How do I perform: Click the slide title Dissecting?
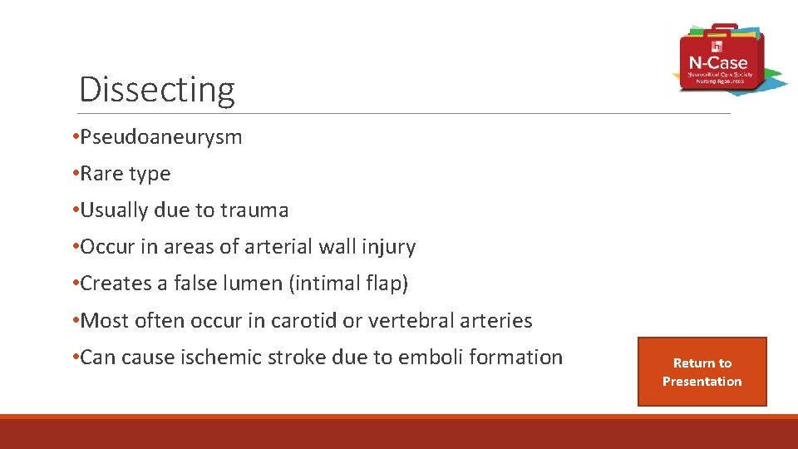156,89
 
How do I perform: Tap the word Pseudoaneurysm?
161,137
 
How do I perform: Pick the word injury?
389,247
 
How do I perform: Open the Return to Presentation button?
702,372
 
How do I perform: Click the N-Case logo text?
717,62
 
